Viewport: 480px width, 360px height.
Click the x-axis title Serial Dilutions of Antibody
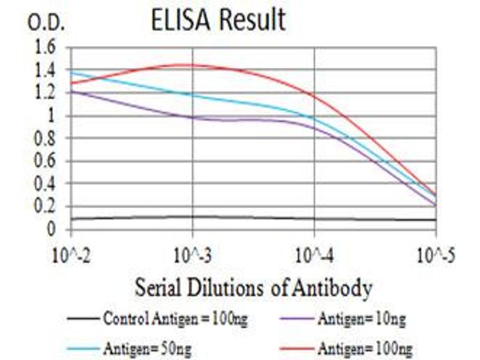coord(253,289)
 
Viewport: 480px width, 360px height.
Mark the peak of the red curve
coord(186,65)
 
